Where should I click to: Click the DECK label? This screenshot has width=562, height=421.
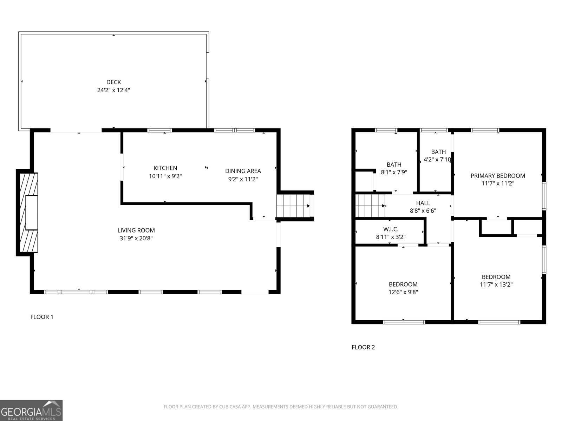tap(113, 82)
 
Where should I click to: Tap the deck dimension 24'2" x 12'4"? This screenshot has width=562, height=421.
tap(113, 90)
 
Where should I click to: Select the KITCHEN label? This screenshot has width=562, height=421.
tap(165, 168)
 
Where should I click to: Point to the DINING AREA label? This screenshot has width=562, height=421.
tap(243, 171)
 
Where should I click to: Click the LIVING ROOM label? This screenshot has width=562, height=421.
tap(136, 230)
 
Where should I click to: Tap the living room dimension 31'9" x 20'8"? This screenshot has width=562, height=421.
tap(136, 239)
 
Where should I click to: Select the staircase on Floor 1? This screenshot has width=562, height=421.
tap(293, 206)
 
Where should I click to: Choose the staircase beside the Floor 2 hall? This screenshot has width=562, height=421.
tap(370, 206)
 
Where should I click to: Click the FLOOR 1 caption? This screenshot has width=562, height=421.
tap(42, 317)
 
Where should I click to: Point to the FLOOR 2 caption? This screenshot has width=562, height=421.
tap(363, 347)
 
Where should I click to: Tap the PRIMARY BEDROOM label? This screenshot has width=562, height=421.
tap(498, 176)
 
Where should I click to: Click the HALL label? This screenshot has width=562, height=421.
tap(423, 203)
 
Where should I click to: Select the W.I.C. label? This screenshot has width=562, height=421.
tap(391, 229)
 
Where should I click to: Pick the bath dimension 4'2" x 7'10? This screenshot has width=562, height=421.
tap(437, 160)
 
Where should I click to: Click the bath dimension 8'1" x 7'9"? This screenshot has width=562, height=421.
tap(394, 172)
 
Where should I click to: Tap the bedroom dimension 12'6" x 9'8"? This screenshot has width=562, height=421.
tap(403, 292)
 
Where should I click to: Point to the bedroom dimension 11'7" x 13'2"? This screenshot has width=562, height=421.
tap(496, 285)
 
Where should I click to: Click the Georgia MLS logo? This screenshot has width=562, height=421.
tap(31, 410)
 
